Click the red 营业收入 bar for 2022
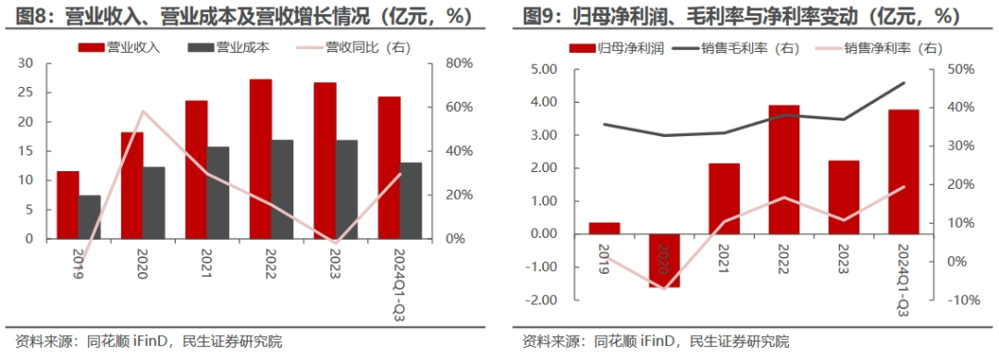click(261, 158)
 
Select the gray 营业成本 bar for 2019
click(90, 217)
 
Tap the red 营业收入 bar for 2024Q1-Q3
click(388, 168)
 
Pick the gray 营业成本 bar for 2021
click(218, 192)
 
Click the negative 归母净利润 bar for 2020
click(664, 260)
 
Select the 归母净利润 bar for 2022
click(784, 169)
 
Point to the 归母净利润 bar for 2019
click(604, 228)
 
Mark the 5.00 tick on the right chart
click(543, 69)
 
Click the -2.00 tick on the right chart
click(541, 300)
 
